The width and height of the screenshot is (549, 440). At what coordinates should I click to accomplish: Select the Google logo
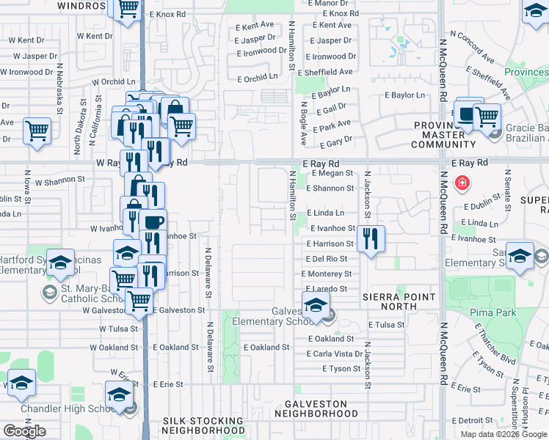pos(24,431)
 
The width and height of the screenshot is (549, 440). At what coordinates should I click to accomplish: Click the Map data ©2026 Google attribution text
pos(503,434)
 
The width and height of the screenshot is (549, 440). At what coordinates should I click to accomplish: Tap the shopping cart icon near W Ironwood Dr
pos(37,131)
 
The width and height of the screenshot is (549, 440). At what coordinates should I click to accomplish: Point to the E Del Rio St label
pos(327,259)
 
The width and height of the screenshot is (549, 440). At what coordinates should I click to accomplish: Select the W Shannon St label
pos(60,180)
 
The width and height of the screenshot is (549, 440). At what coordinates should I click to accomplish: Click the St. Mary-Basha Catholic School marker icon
pos(49,293)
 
